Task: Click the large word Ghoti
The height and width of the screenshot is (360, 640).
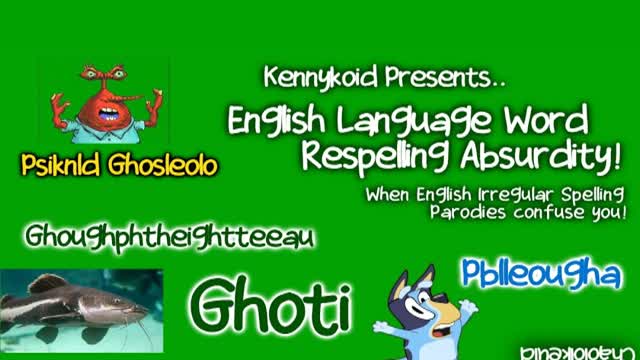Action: click(270, 303)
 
